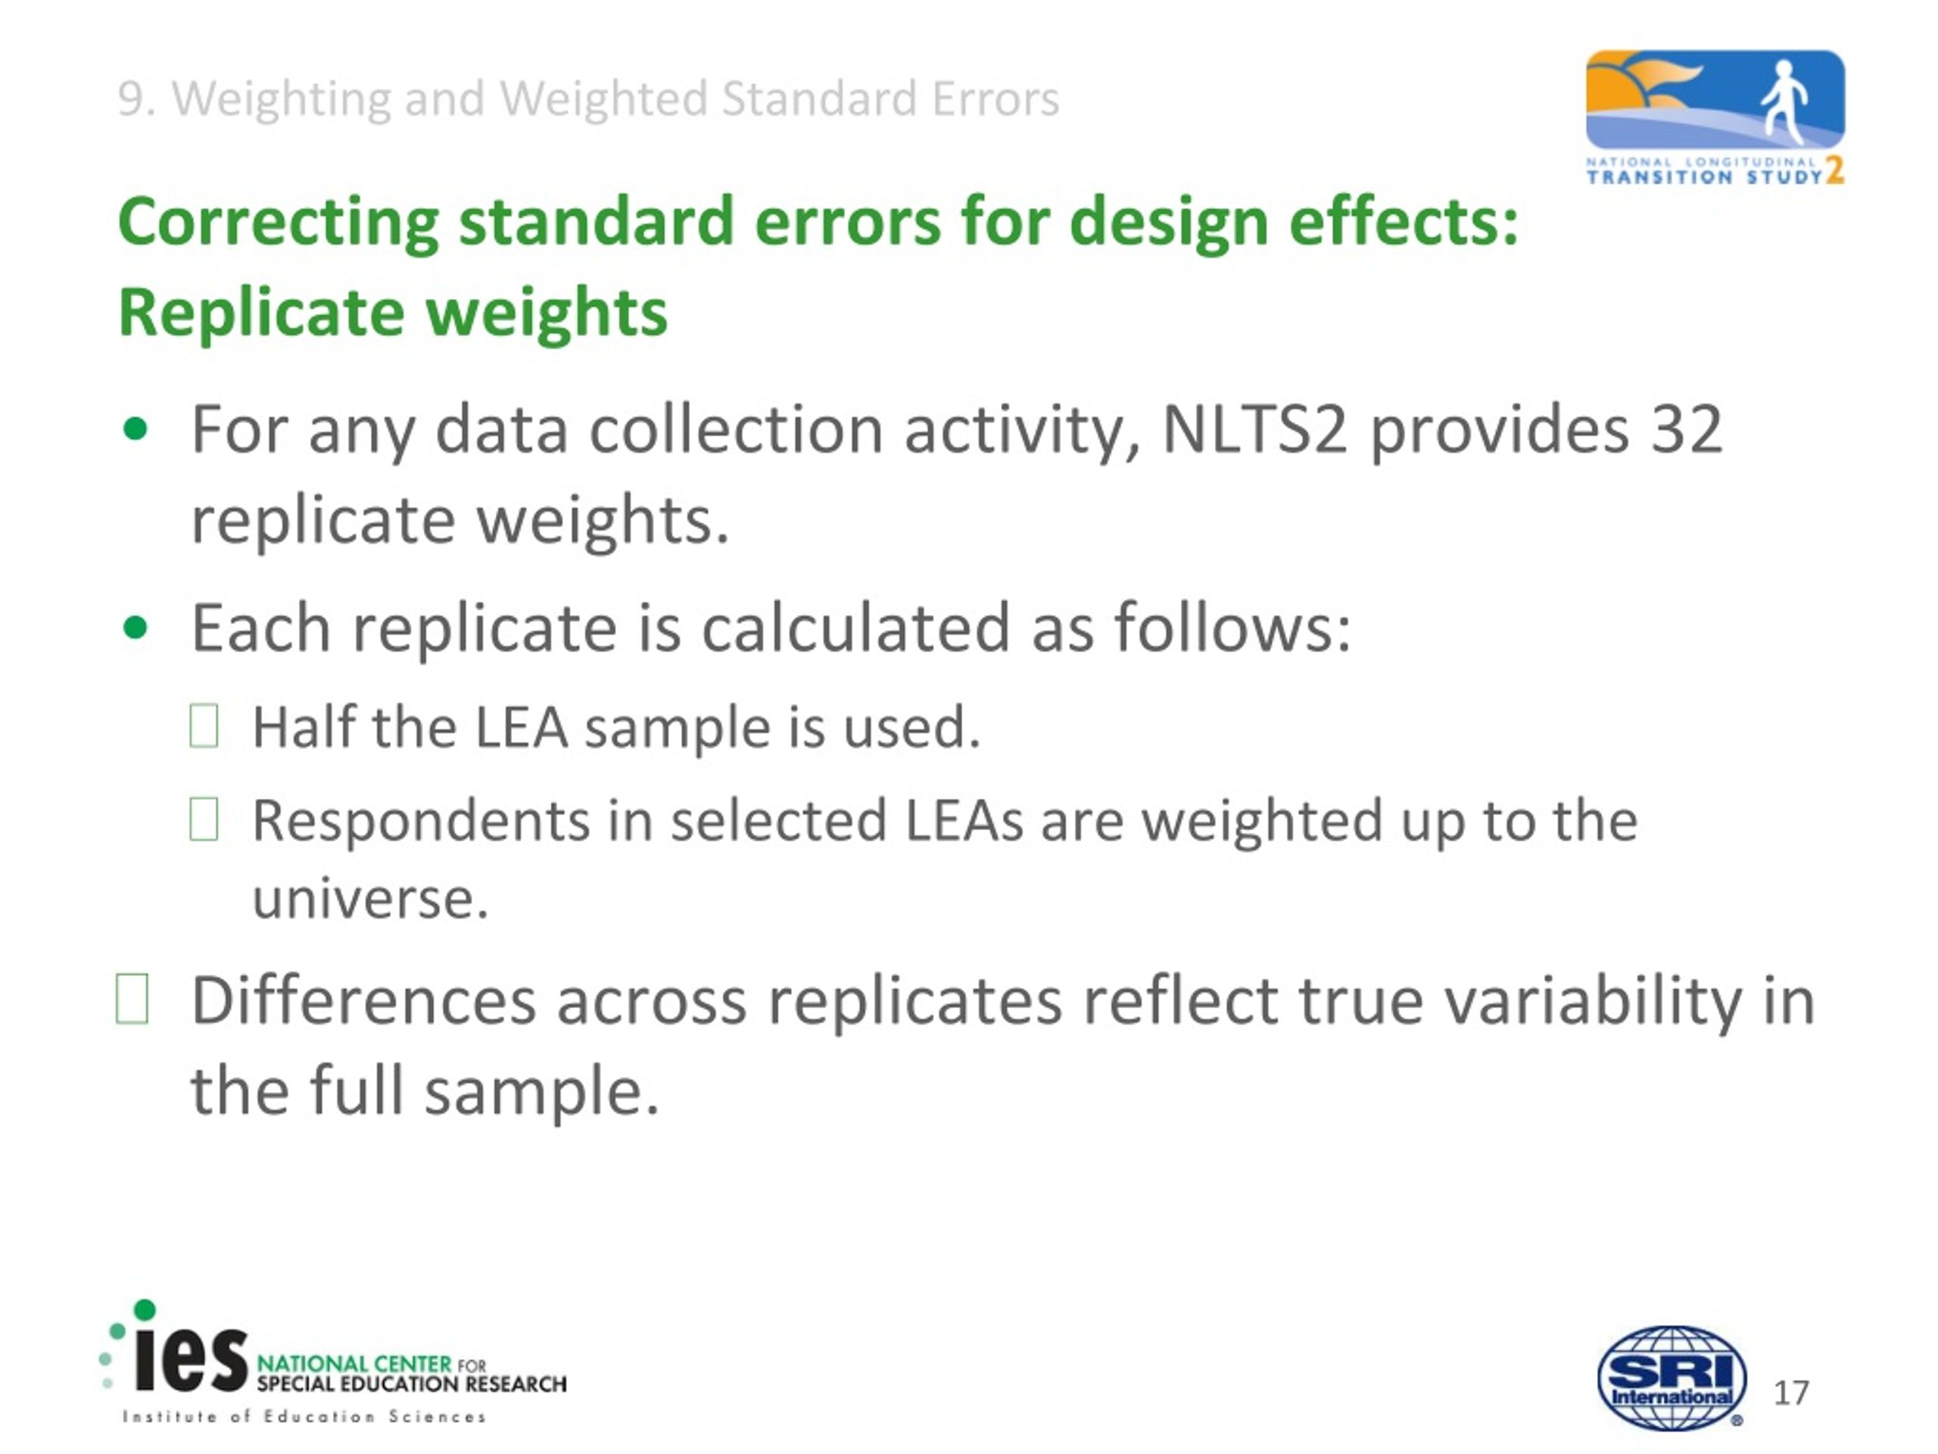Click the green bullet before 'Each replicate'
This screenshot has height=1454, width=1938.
point(136,628)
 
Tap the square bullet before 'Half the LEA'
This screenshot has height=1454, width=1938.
point(203,725)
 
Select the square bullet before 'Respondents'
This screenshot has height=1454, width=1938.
point(203,819)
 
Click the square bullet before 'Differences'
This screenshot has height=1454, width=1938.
point(132,999)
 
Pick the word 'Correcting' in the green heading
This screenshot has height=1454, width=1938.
point(278,222)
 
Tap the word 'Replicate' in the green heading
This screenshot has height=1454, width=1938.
point(261,313)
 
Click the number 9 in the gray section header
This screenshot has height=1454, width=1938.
point(129,98)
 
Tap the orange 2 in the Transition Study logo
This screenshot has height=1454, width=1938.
point(1834,170)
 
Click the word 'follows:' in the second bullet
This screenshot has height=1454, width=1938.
point(1232,628)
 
